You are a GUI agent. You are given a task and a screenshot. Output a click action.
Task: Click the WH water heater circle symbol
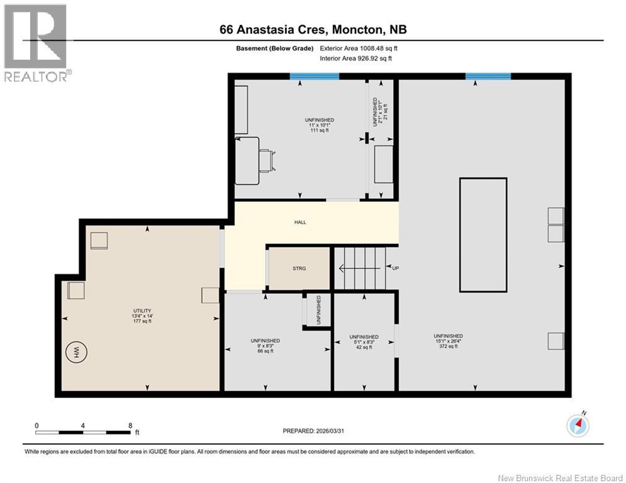pyautogui.click(x=76, y=352)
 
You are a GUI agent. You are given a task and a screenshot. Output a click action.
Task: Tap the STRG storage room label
pyautogui.click(x=299, y=269)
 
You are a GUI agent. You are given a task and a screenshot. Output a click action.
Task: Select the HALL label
pyautogui.click(x=300, y=223)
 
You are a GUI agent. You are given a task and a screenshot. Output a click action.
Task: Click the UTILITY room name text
pyautogui.click(x=142, y=311)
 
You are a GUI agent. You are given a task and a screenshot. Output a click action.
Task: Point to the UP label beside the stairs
pyautogui.click(x=395, y=269)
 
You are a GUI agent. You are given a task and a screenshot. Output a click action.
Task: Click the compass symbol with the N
pyautogui.click(x=578, y=425)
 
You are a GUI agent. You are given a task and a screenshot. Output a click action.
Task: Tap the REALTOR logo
pyautogui.click(x=36, y=43)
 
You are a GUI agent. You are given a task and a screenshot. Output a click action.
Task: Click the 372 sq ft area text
pyautogui.click(x=449, y=347)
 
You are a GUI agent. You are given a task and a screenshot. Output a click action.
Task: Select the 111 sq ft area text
pyautogui.click(x=320, y=130)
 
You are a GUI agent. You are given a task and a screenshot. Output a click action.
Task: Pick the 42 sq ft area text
pyautogui.click(x=364, y=347)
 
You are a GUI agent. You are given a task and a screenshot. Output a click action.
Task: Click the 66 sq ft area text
pyautogui.click(x=265, y=352)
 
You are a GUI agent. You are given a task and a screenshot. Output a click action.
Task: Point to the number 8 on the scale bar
pyautogui.click(x=130, y=426)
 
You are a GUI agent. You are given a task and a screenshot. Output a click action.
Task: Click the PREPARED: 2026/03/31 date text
pyautogui.click(x=313, y=431)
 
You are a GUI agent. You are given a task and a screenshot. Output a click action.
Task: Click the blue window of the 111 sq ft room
pyautogui.click(x=314, y=76)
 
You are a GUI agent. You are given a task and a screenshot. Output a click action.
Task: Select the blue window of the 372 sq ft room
pyautogui.click(x=488, y=76)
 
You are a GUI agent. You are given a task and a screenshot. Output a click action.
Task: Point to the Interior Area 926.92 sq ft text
pyautogui.click(x=355, y=58)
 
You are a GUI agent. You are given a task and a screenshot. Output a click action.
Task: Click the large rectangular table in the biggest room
pyautogui.click(x=483, y=235)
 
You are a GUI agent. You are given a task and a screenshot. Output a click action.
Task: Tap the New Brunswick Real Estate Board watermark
pyautogui.click(x=560, y=478)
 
